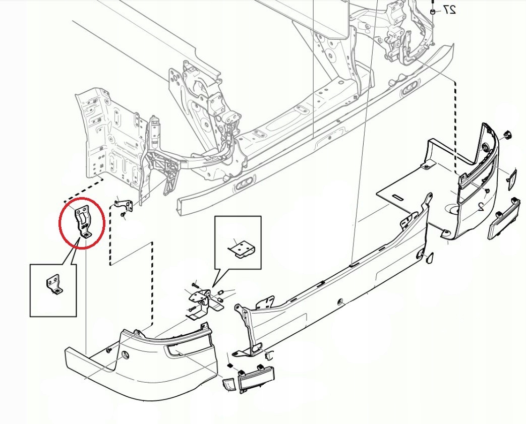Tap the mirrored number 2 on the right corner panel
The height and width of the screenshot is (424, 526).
(x=481, y=206)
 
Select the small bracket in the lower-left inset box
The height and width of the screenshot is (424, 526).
(x=53, y=285)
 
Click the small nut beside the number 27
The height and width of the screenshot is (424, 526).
(x=433, y=11)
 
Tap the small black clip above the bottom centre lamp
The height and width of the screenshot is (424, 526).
(x=230, y=364)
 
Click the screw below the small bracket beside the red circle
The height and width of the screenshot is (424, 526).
(x=123, y=215)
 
